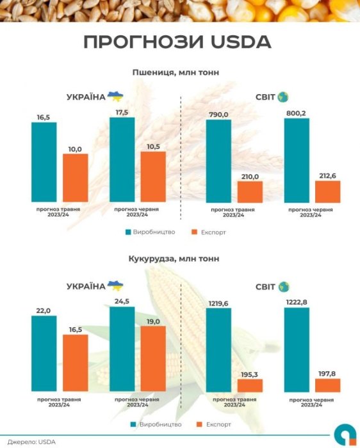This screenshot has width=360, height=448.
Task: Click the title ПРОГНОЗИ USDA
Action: click(x=177, y=42)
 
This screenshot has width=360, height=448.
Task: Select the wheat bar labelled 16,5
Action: click(x=44, y=161)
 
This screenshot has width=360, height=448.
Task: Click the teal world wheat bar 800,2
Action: click(x=296, y=160)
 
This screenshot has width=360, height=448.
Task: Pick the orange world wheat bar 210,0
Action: click(x=250, y=191)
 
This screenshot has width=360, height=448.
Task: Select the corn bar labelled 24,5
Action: click(x=122, y=349)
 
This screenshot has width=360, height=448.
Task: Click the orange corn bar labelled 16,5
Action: click(x=75, y=363)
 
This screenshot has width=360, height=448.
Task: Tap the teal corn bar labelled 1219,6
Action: click(x=218, y=350)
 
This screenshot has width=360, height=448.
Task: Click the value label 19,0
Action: click(x=153, y=321)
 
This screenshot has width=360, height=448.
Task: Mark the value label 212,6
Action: click(x=327, y=175)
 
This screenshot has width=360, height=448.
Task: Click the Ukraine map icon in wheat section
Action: click(x=115, y=96)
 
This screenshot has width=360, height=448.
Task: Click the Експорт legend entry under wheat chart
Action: click(x=208, y=232)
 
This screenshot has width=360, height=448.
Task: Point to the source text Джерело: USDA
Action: click(x=30, y=441)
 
